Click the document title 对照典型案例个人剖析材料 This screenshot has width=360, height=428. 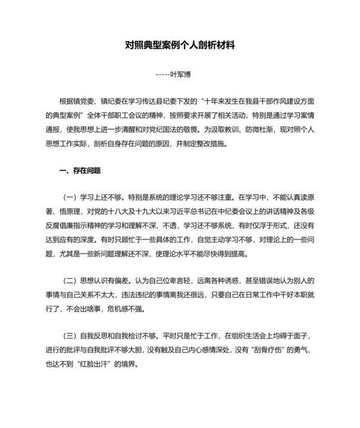pyautogui.click(x=180, y=46)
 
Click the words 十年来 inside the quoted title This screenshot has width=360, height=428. pyautogui.click(x=220, y=100)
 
